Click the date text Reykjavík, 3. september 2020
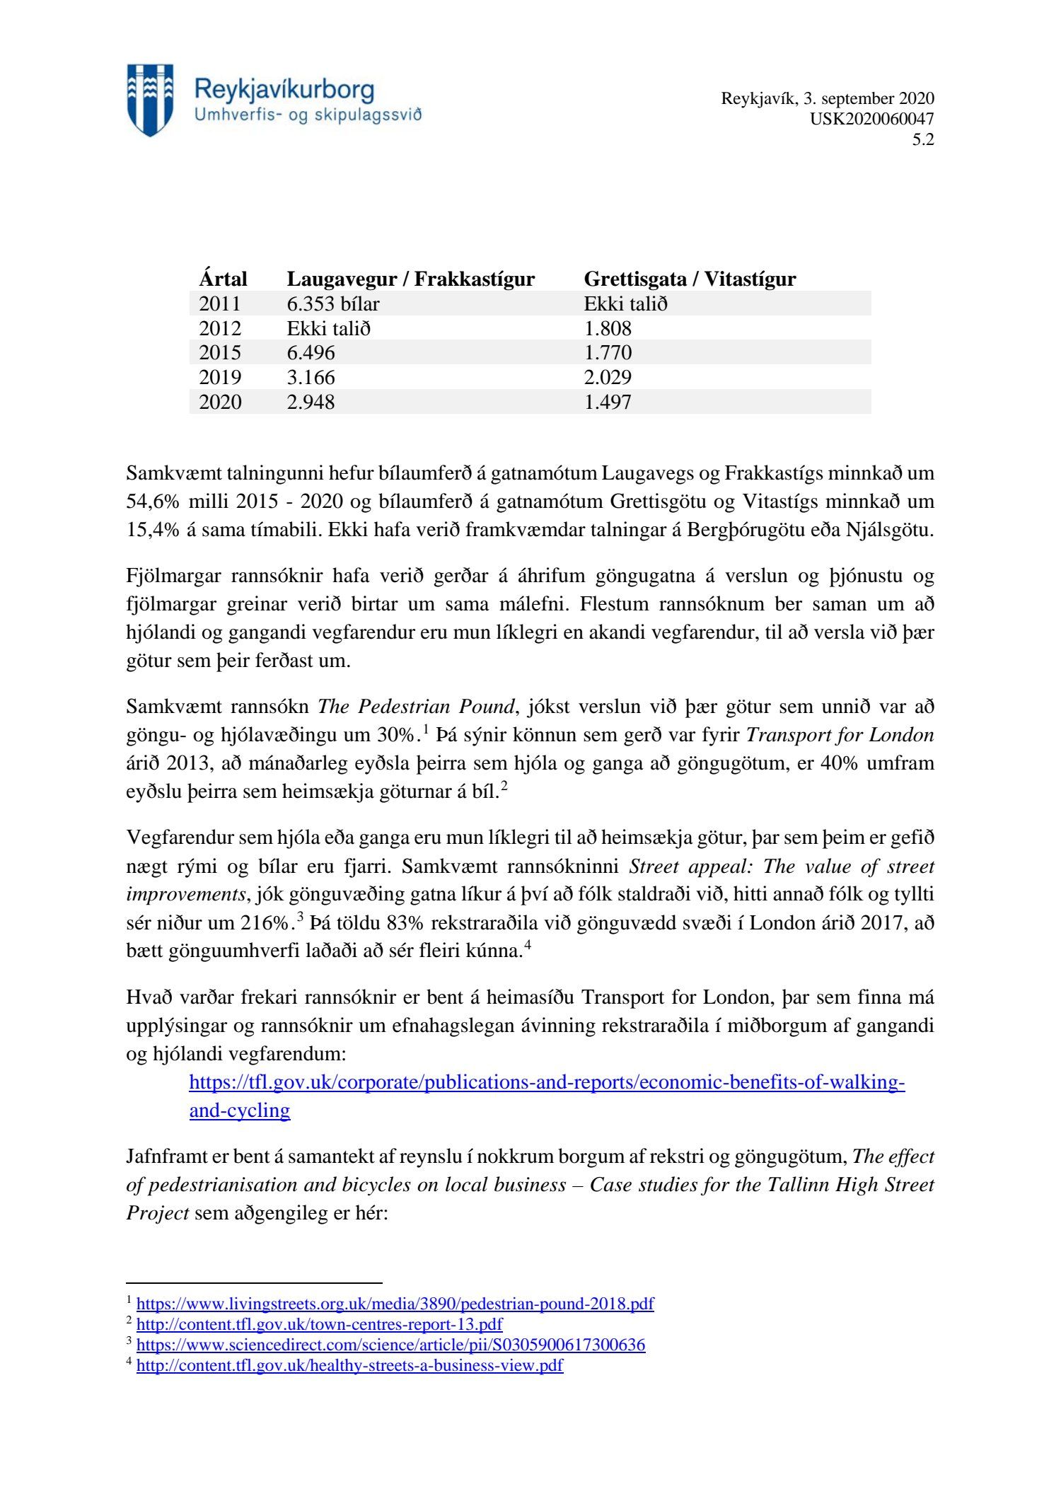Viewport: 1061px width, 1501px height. (827, 98)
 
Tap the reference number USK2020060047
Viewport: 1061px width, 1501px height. (871, 119)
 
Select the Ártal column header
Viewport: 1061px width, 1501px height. (223, 279)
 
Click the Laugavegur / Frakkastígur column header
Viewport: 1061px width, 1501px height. (410, 279)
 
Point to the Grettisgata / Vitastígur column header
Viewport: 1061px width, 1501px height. (690, 279)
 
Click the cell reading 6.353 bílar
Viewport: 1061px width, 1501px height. (333, 303)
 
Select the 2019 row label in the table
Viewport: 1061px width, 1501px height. (220, 377)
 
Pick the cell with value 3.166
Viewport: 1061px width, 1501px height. (311, 377)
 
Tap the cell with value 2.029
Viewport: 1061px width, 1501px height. (608, 377)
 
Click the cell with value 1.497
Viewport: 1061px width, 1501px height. (608, 402)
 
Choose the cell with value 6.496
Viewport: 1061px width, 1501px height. (311, 352)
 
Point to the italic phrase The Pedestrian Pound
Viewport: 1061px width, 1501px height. (415, 707)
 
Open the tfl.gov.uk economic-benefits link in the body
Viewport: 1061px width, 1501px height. (547, 1082)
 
